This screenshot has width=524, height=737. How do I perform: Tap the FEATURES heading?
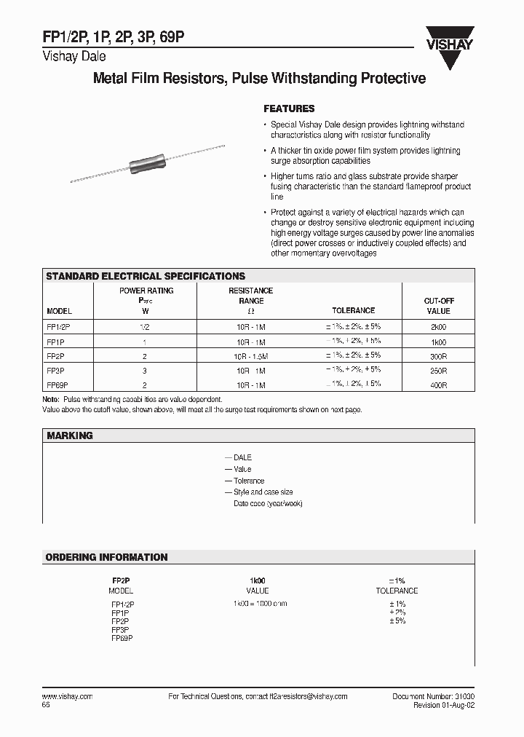pos(289,109)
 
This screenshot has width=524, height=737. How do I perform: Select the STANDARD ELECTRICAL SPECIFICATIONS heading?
pos(146,277)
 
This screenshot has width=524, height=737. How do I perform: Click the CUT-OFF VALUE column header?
pos(438,305)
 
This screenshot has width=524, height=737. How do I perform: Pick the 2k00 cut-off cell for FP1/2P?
pos(438,328)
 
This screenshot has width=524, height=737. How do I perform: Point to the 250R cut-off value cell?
pos(438,370)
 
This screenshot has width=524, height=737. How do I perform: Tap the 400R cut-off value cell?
pos(438,384)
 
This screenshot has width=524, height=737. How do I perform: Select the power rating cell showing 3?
pos(146,370)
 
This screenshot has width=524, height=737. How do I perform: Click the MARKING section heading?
pos(70,435)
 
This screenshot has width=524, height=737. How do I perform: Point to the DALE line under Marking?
pos(242,457)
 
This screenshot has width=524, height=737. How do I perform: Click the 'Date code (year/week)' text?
pos(267,504)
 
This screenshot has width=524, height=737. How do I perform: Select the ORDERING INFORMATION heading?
pos(107,557)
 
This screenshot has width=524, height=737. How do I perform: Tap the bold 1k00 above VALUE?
pos(258,580)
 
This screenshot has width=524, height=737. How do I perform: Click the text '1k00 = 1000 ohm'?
pos(260,604)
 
